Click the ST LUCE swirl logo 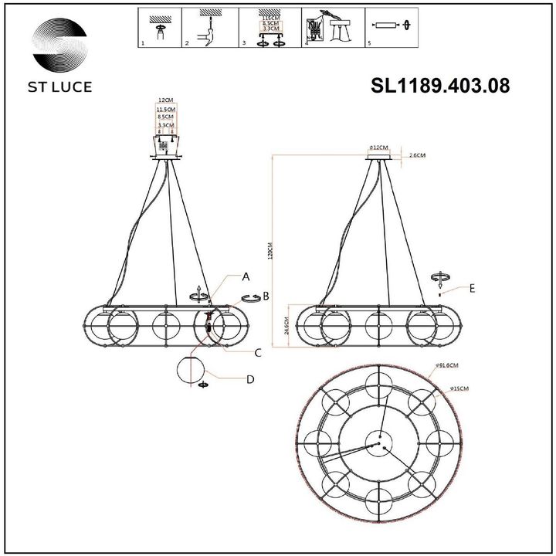tap(59, 44)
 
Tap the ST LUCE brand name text tap(60, 86)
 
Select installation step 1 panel tap(159, 28)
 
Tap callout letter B tap(266, 295)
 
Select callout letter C tap(259, 353)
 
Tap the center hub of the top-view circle tap(379, 443)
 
